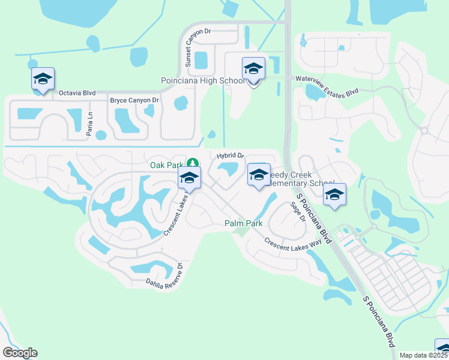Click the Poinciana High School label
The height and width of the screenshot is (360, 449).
(203, 81)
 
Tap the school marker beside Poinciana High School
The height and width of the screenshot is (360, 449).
(253, 70)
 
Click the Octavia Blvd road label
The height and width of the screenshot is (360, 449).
(77, 93)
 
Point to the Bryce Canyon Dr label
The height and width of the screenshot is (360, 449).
(134, 100)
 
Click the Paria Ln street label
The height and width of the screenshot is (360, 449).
(88, 124)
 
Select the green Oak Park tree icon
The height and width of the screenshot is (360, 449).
(192, 163)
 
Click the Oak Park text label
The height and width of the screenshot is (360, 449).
(166, 164)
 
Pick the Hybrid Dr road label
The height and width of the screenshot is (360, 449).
(230, 156)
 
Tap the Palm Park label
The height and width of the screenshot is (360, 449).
(244, 223)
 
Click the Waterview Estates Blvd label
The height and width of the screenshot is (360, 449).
(326, 85)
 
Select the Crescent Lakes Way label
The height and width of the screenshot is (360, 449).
(293, 242)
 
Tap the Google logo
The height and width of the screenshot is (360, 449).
(20, 352)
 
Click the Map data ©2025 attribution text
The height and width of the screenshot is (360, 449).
(423, 355)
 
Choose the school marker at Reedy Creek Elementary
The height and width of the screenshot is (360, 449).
(259, 175)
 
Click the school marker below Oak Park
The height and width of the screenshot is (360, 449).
(189, 178)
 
